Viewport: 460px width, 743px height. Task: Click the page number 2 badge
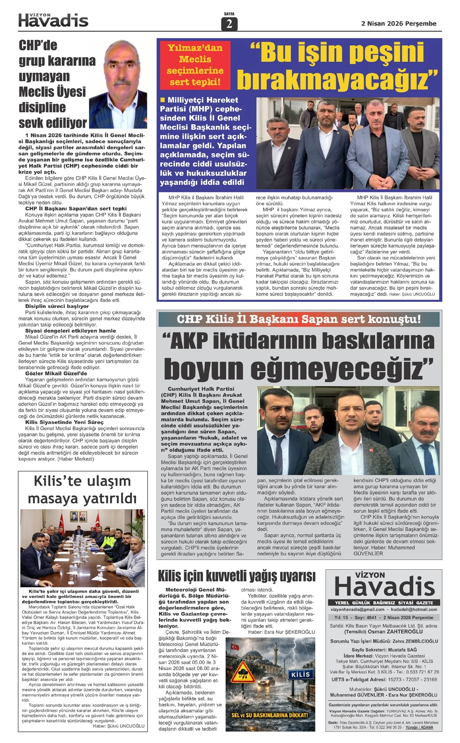click(229, 24)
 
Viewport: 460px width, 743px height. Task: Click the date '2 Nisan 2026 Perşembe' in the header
click(399, 24)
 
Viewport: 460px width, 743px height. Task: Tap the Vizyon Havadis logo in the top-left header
click(53, 20)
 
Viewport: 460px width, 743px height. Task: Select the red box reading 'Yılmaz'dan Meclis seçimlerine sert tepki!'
click(195, 65)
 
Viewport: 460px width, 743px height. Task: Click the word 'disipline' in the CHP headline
click(42, 107)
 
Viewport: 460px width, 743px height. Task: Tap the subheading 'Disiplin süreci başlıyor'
click(57, 306)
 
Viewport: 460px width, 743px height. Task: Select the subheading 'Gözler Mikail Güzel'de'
click(56, 373)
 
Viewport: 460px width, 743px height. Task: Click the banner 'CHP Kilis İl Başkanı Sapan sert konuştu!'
click(299, 319)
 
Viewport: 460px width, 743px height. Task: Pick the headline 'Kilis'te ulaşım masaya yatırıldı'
click(82, 490)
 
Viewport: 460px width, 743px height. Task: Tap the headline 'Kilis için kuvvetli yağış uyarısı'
click(237, 576)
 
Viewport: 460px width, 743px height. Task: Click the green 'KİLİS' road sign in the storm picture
click(300, 674)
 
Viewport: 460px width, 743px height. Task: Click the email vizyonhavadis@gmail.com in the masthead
click(357, 609)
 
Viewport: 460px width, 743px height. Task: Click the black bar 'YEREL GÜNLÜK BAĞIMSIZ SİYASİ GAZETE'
click(383, 603)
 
